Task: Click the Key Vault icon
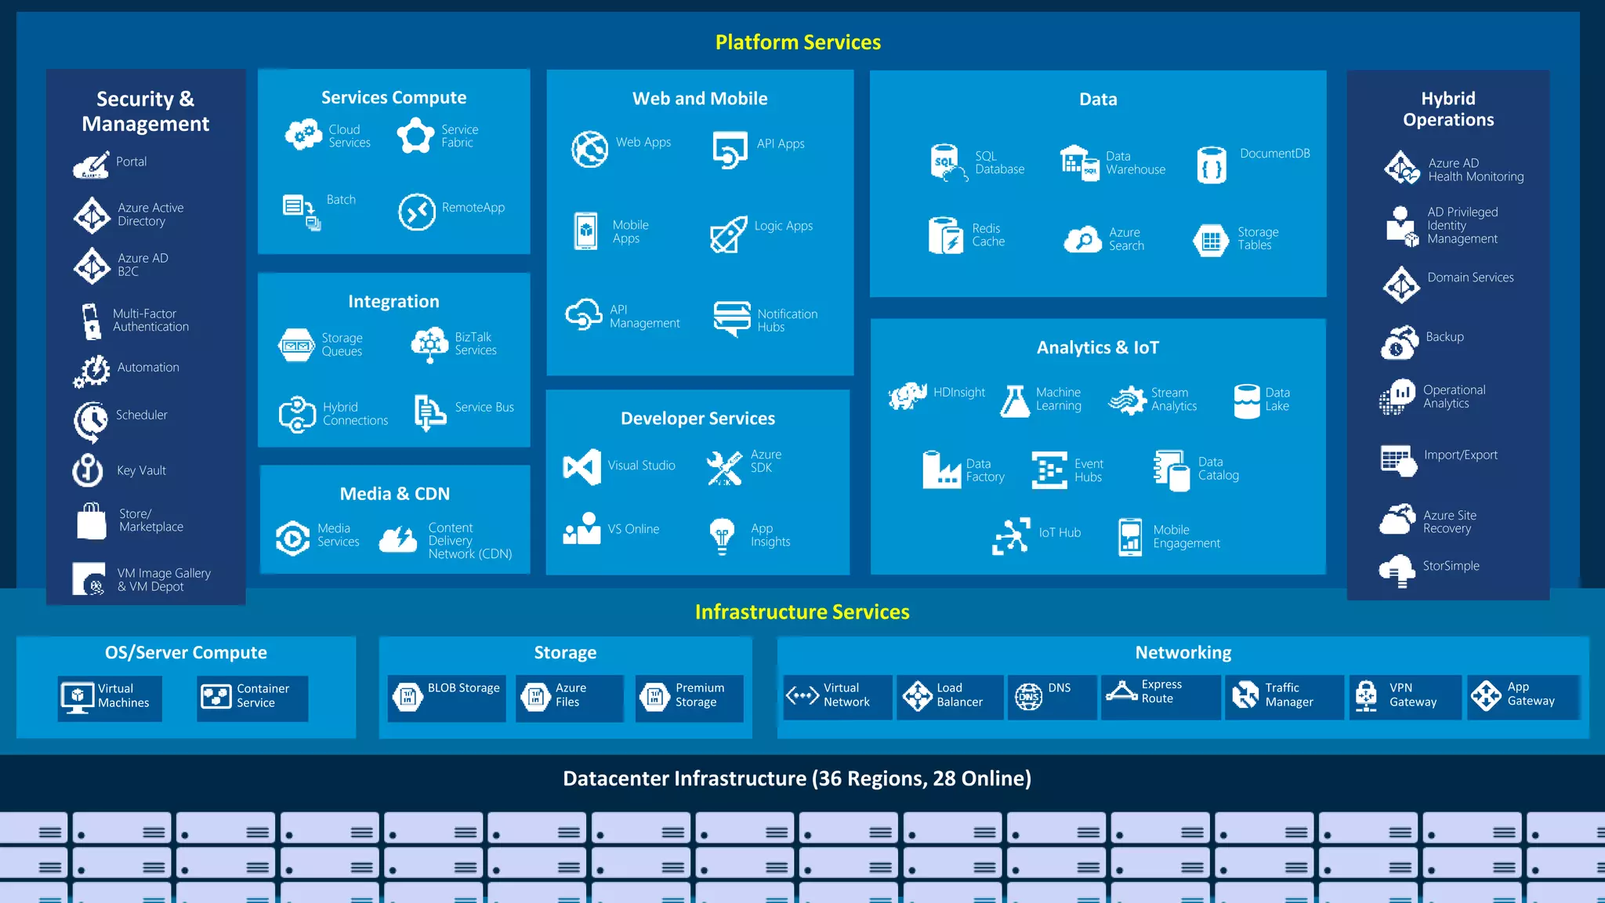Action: (88, 470)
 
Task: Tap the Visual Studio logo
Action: (581, 466)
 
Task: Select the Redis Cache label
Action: (988, 235)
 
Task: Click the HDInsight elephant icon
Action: (908, 396)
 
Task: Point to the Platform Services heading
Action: (798, 42)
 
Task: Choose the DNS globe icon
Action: (1028, 696)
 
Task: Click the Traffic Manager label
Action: (1288, 694)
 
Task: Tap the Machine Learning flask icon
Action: (1015, 401)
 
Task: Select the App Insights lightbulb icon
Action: (722, 535)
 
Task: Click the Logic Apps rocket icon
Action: (728, 234)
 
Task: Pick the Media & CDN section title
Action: (395, 494)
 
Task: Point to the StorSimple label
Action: (1451, 566)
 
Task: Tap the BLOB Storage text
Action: (463, 688)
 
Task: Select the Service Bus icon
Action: (429, 412)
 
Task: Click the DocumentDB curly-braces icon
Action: (1212, 165)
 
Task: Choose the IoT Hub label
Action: (1060, 533)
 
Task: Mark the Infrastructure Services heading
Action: (802, 612)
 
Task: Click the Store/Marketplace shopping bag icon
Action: (92, 521)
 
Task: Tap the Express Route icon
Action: (1121, 691)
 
